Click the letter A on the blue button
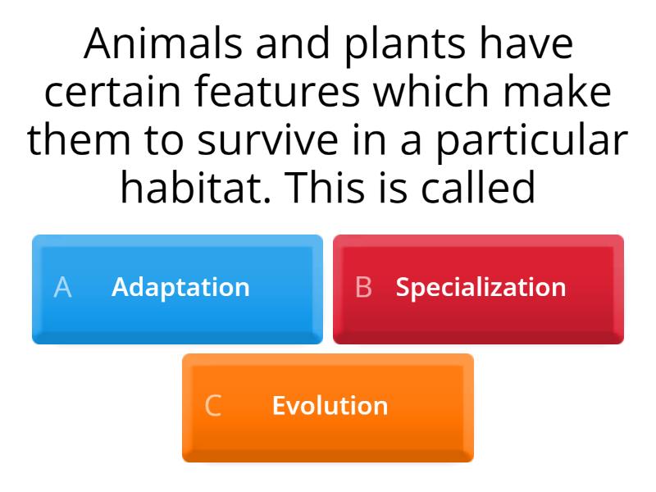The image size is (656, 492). [x=62, y=287]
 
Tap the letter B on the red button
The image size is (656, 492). [x=363, y=287]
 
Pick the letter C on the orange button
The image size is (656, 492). [x=212, y=406]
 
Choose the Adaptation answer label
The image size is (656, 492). [x=180, y=287]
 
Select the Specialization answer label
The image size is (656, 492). [x=481, y=287]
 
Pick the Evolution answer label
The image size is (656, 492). [x=330, y=406]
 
